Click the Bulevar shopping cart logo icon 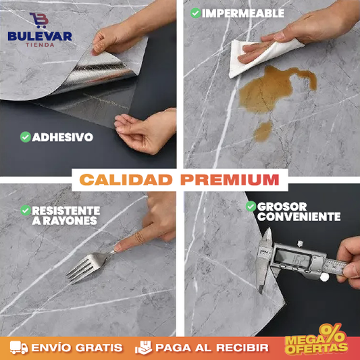(x=39, y=20)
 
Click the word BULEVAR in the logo (x=40, y=36)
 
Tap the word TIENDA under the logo (x=40, y=45)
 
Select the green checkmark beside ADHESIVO (x=26, y=137)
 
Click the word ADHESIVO (x=62, y=137)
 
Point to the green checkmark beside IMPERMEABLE (x=196, y=13)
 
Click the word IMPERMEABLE (x=243, y=13)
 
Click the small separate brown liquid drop (x=263, y=131)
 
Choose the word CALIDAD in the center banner (x=126, y=180)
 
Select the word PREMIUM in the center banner (x=230, y=180)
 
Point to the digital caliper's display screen (x=292, y=259)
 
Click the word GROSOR (x=282, y=207)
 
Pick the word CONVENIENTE (x=299, y=217)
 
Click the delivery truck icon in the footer (x=19, y=347)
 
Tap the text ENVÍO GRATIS (x=77, y=348)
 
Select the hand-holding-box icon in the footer (x=143, y=347)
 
